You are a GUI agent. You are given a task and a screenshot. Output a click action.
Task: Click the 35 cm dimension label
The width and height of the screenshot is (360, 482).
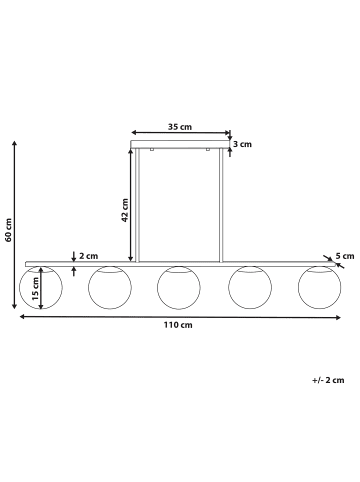[180, 127]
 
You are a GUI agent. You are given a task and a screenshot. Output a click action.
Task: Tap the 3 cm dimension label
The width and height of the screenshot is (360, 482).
[242, 144]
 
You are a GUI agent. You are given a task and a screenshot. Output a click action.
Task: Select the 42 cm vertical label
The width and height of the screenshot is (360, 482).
[125, 210]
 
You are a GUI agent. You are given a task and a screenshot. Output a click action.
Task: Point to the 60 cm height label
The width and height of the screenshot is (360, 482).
[8, 230]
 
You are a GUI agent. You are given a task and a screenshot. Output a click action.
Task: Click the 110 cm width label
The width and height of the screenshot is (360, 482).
[178, 325]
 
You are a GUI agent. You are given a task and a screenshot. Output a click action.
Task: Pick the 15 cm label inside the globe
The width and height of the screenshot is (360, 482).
[35, 289]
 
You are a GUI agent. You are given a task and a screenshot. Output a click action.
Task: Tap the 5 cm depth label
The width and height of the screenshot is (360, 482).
[345, 256]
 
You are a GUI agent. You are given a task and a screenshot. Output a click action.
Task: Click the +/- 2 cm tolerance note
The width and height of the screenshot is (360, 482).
[328, 380]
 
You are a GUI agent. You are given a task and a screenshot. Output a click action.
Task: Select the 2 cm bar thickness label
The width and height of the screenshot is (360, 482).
[89, 256]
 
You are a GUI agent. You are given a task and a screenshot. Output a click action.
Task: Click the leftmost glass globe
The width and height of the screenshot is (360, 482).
[20, 287]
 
